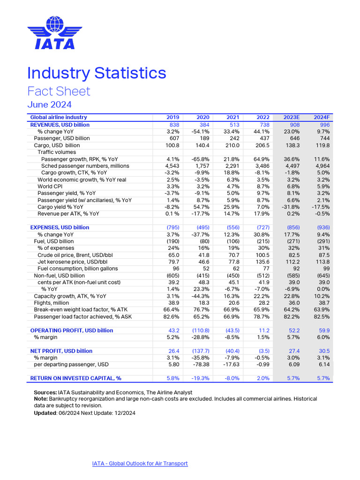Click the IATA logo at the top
[51, 33]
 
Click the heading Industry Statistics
[97, 73]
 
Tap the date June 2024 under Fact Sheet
[49, 104]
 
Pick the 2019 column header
[173, 117]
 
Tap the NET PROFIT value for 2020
[200, 351]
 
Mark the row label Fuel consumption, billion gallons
[77, 269]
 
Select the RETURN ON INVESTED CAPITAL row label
[75, 378]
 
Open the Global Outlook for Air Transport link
[140, 464]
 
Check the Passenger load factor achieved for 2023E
[292, 317]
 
